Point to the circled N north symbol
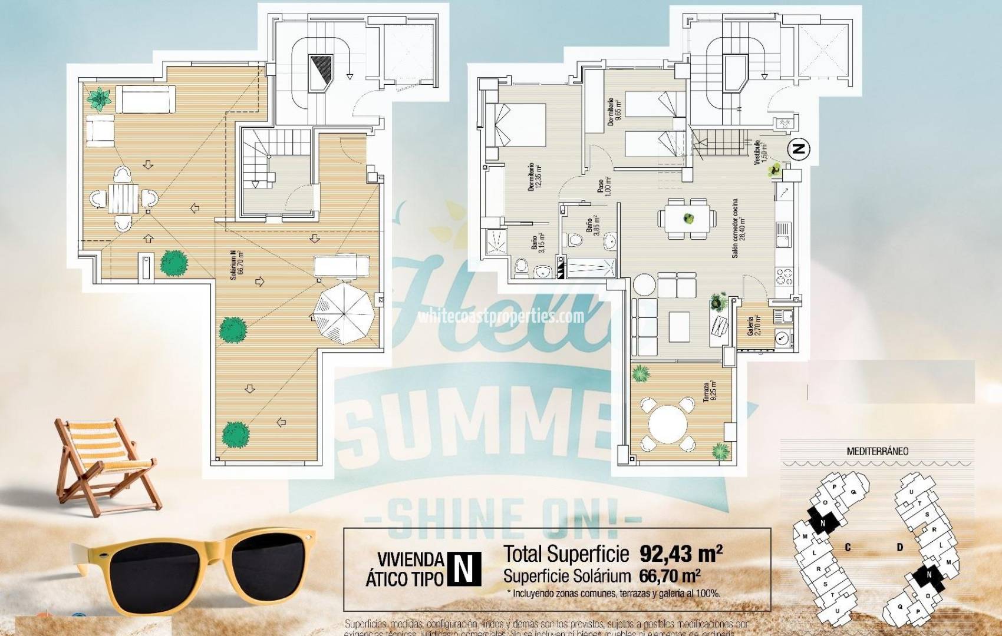[x=799, y=150]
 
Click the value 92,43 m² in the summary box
[x=681, y=554]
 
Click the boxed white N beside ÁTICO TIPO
[x=464, y=569]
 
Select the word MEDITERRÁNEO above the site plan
[x=877, y=452]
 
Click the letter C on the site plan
[x=848, y=548]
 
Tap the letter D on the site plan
[x=900, y=548]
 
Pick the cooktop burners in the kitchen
[x=785, y=276]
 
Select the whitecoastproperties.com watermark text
[x=501, y=317]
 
